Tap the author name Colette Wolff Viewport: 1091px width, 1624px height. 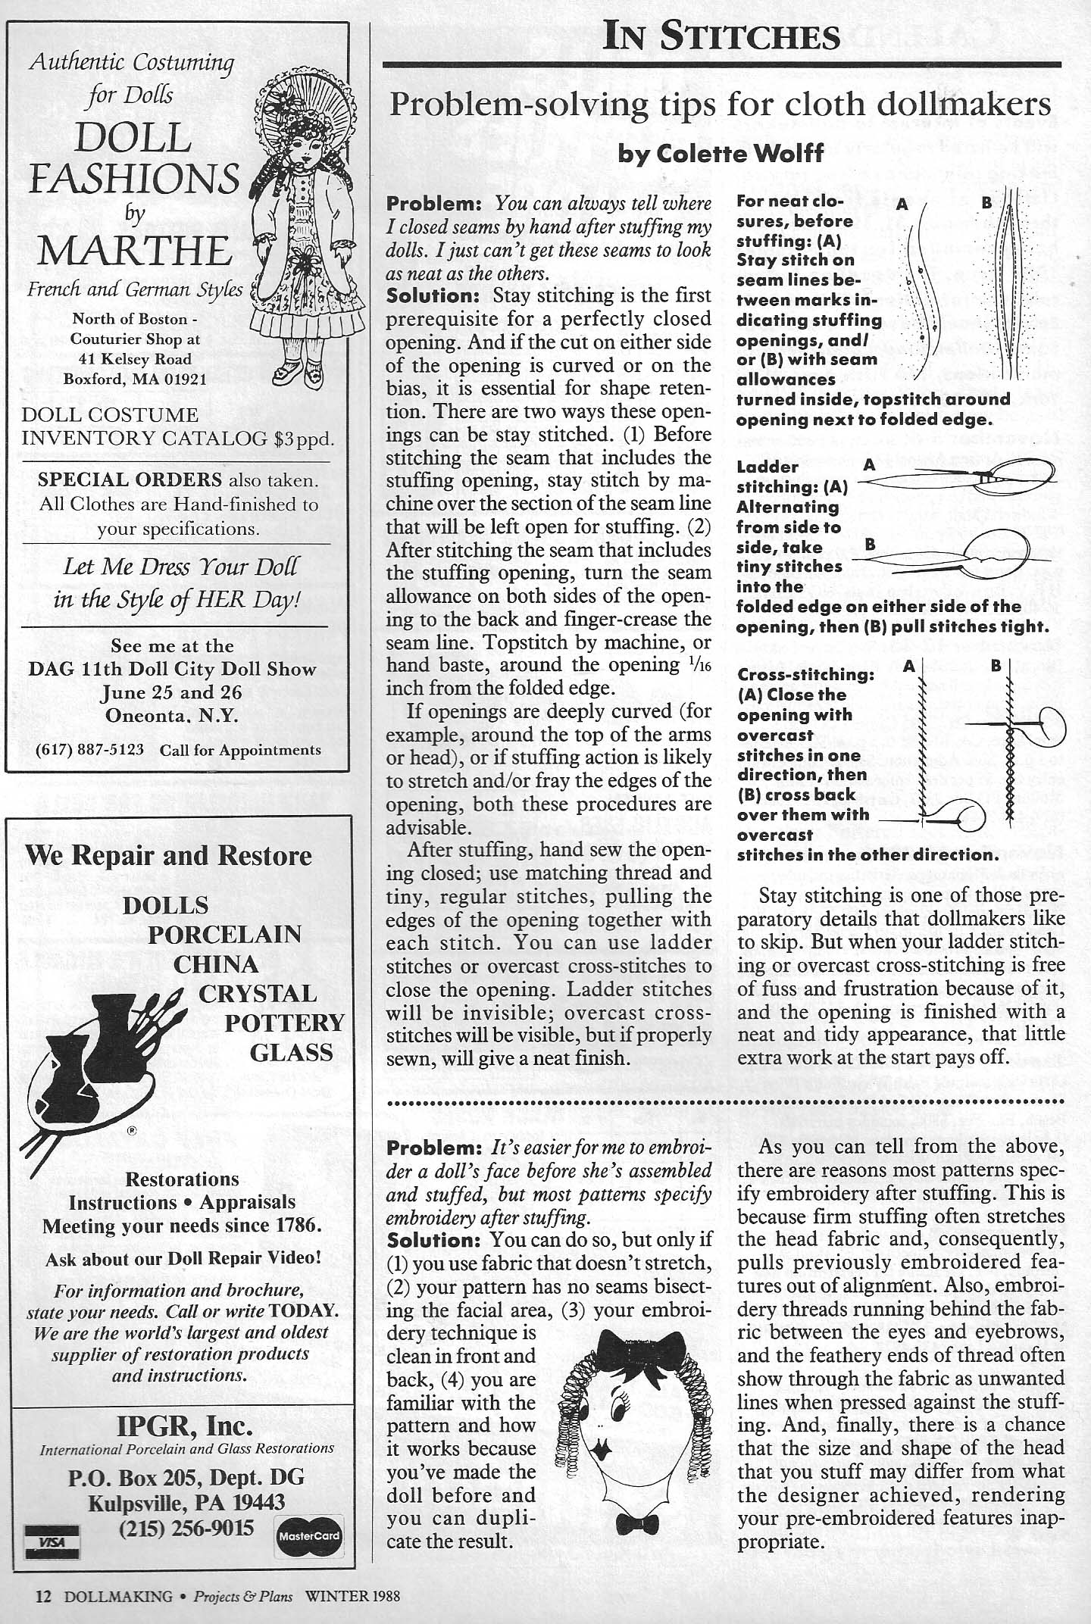721,154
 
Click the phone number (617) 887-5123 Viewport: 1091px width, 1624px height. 90,750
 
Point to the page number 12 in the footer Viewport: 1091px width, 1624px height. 43,1596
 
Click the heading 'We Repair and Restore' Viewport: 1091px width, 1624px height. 168,854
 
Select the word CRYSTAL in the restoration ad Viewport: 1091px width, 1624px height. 258,993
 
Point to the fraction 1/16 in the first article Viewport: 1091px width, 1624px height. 700,666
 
